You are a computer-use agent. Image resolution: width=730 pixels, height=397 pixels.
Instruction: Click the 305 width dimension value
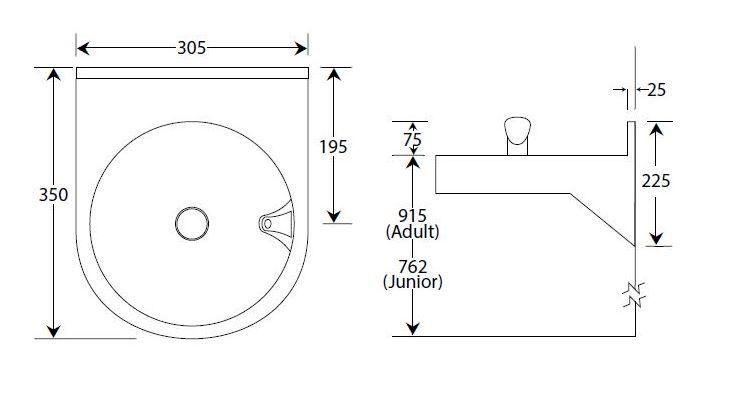pos(191,48)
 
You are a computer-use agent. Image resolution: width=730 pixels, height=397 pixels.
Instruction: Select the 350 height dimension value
pos(54,195)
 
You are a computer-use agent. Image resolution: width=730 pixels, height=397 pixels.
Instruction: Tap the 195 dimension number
pos(333,147)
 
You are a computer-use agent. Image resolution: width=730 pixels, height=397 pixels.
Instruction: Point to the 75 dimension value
pos(412,140)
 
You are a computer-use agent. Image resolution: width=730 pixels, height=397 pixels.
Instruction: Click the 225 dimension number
pos(656,181)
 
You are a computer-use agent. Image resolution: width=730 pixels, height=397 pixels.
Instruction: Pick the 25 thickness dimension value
pos(656,90)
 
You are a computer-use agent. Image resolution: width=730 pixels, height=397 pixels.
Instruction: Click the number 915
pos(412,215)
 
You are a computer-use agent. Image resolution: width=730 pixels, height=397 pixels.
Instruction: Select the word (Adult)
pos(412,231)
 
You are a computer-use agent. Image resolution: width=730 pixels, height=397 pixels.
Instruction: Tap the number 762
pos(412,267)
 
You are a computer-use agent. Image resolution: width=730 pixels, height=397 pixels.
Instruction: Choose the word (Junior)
pos(412,282)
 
